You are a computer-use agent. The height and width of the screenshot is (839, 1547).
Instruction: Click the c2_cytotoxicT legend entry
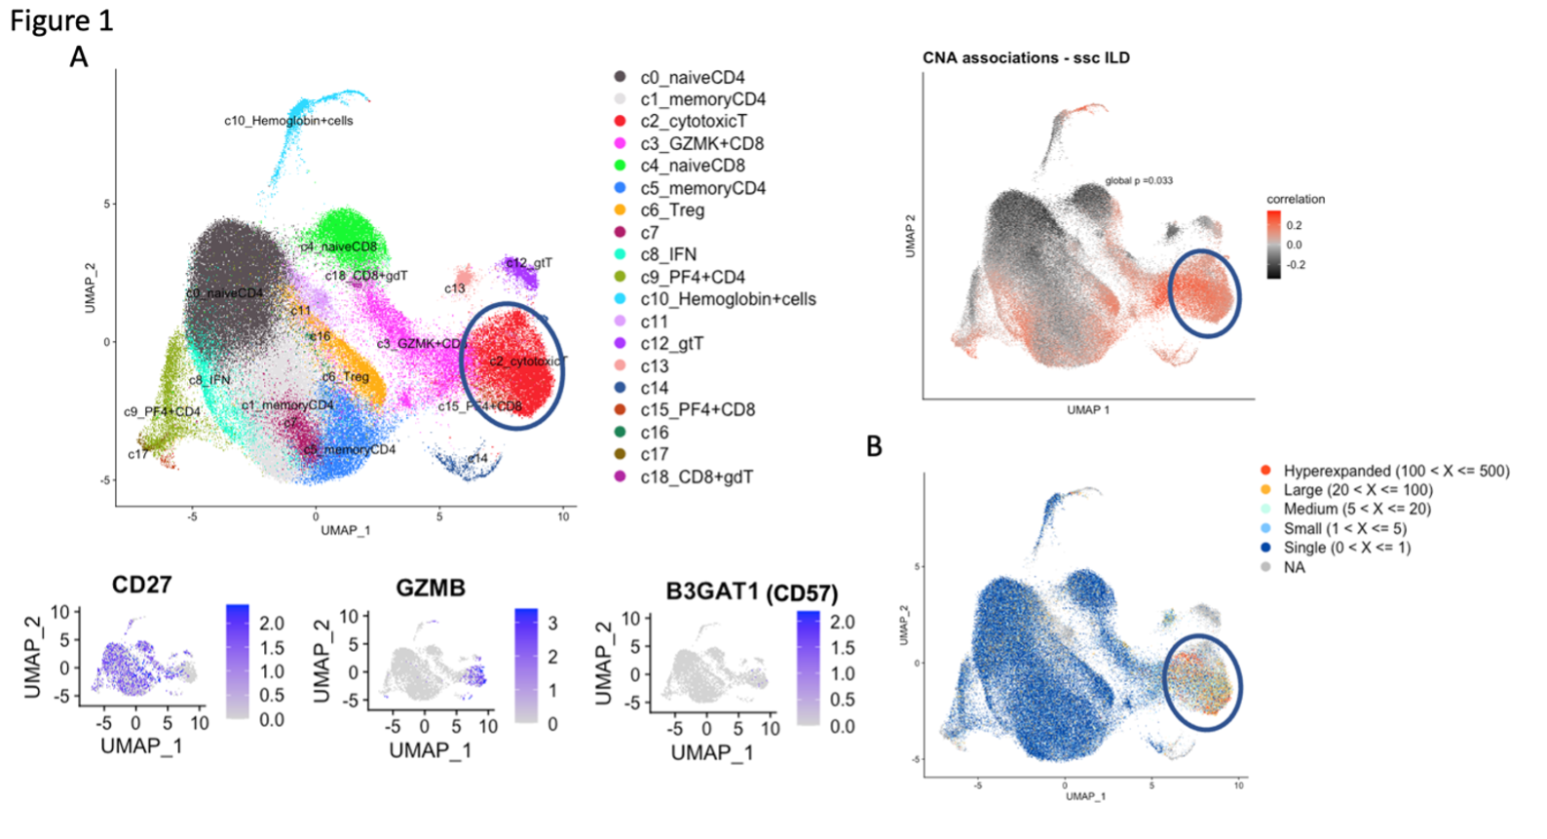coord(693,122)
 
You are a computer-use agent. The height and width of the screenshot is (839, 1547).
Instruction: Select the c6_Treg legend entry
coord(671,210)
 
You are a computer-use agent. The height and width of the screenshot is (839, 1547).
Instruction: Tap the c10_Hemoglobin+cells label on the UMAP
coord(288,121)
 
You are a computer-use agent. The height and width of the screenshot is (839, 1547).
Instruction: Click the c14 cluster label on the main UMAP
coord(477,458)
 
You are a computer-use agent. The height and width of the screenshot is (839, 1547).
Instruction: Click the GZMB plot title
coord(430,588)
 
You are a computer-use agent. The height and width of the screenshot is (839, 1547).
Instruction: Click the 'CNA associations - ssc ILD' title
coord(1026,58)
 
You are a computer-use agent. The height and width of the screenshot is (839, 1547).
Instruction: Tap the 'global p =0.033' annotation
coord(1139,181)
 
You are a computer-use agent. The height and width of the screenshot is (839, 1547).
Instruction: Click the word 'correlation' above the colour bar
coord(1296,199)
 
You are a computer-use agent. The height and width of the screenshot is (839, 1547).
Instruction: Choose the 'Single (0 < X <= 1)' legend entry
coord(1346,548)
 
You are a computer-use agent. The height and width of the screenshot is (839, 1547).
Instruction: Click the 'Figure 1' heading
coord(61,21)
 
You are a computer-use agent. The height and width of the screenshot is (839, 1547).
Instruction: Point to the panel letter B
coord(875,446)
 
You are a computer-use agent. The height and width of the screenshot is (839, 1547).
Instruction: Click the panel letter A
coord(79,57)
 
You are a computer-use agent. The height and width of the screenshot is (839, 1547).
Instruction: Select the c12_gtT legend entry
coord(671,344)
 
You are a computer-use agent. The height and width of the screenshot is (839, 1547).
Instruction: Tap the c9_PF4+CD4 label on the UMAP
coord(162,412)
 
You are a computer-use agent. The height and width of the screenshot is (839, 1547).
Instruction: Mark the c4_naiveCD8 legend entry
coord(692,166)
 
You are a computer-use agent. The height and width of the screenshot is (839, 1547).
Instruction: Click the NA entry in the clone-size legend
coord(1294,567)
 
